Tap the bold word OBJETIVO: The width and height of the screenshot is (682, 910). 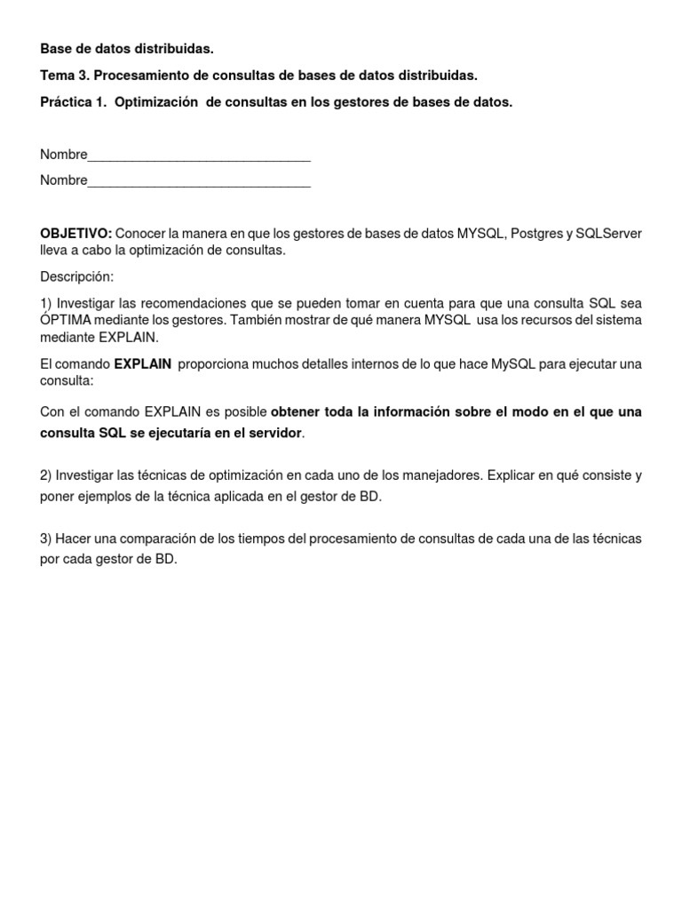(75, 233)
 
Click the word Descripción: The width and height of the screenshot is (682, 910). (76, 276)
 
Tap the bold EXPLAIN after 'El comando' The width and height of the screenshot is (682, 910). (143, 363)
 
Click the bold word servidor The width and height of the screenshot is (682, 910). (270, 433)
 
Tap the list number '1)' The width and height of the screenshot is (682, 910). (46, 303)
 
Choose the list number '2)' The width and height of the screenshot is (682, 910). (46, 475)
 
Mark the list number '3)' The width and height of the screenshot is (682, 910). (46, 539)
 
